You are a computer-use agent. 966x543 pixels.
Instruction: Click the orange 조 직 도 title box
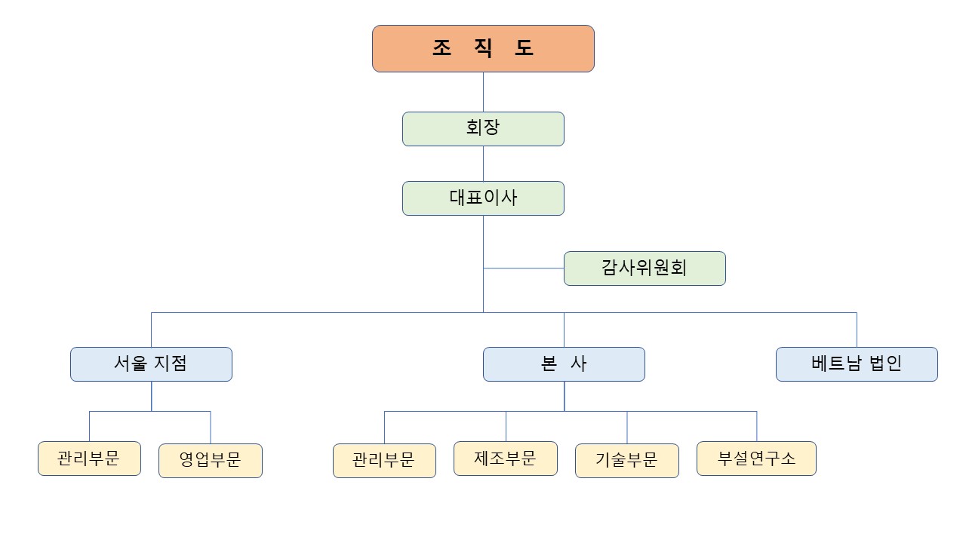(483, 48)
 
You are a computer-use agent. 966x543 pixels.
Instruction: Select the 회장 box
(483, 128)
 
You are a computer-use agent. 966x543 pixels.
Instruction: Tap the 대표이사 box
(483, 198)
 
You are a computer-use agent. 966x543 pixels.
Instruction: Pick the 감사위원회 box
(645, 268)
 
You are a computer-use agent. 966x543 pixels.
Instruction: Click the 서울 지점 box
(151, 364)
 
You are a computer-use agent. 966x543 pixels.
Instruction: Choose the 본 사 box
(564, 364)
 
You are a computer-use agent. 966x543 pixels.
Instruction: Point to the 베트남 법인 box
(857, 364)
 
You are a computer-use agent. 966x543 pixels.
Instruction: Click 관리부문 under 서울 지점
(89, 459)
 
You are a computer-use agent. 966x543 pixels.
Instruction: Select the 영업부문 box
(211, 461)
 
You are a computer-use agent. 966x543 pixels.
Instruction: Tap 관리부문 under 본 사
(384, 461)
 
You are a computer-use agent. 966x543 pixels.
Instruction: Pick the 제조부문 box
(506, 459)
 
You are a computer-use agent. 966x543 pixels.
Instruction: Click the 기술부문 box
(627, 461)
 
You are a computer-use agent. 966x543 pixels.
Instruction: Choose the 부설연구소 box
(756, 459)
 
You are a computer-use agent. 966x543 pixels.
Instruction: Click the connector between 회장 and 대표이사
(483, 164)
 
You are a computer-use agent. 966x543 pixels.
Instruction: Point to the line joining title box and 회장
(483, 92)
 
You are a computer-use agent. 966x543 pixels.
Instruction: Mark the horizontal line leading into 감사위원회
(524, 268)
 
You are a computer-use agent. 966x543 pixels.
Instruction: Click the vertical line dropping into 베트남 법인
(857, 330)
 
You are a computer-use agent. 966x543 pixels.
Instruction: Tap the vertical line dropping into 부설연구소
(756, 426)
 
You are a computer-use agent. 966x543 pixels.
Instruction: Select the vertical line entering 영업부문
(211, 428)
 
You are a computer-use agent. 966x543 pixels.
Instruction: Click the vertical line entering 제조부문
(506, 426)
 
